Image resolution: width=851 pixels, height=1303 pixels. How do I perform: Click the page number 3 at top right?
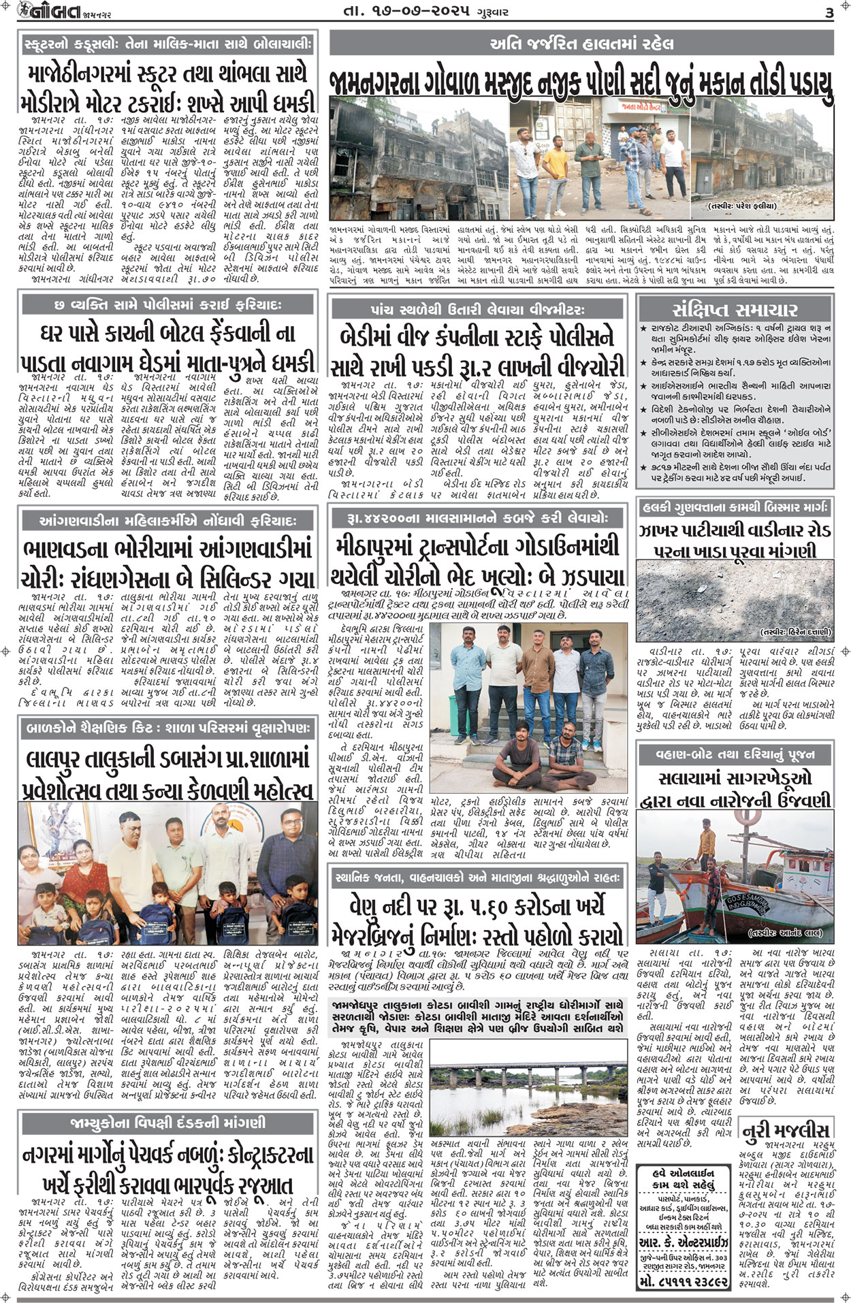pyautogui.click(x=829, y=12)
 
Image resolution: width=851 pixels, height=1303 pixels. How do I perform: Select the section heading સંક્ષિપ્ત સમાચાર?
pyautogui.click(x=735, y=310)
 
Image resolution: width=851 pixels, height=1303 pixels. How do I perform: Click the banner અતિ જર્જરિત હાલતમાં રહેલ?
pyautogui.click(x=581, y=44)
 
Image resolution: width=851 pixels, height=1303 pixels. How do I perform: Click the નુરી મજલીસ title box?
pyautogui.click(x=786, y=1131)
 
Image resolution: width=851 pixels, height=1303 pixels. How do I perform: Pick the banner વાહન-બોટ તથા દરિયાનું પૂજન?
pyautogui.click(x=735, y=754)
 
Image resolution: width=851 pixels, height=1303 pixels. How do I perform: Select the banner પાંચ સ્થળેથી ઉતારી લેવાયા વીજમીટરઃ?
pyautogui.click(x=477, y=310)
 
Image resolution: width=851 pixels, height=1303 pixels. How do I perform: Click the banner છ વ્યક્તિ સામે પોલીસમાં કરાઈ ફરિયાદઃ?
pyautogui.click(x=168, y=304)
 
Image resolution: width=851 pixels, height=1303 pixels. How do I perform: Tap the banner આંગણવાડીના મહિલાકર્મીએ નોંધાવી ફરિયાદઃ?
pyautogui.click(x=168, y=521)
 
